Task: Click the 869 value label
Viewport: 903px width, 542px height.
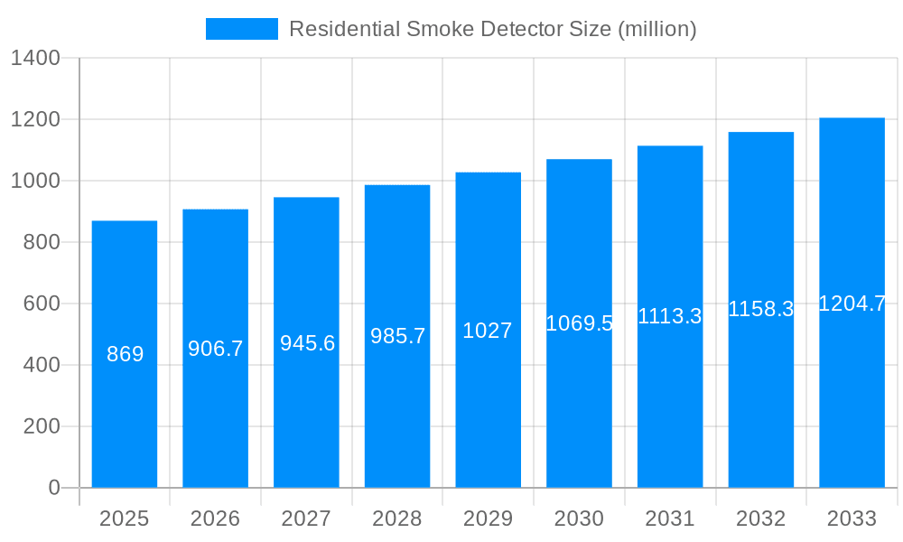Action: click(x=125, y=354)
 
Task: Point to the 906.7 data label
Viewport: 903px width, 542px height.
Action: click(x=216, y=349)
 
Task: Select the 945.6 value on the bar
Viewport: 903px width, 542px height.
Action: click(x=307, y=343)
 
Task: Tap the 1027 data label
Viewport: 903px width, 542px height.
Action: click(x=488, y=331)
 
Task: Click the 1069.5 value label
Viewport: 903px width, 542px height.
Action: click(x=579, y=323)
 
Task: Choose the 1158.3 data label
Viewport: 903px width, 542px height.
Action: click(x=761, y=309)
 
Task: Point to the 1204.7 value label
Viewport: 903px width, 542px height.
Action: click(x=852, y=304)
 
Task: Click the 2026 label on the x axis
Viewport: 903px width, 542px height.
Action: click(x=216, y=519)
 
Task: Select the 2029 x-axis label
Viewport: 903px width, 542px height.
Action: click(x=488, y=519)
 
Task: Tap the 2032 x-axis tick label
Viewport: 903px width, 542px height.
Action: click(x=761, y=519)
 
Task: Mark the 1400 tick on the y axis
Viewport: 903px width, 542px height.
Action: click(x=35, y=59)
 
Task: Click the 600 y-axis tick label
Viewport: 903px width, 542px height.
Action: click(x=42, y=304)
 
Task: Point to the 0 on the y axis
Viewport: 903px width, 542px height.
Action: click(x=53, y=488)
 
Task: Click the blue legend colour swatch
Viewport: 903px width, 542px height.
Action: click(x=241, y=29)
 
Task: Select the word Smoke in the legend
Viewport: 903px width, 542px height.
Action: click(x=436, y=29)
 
